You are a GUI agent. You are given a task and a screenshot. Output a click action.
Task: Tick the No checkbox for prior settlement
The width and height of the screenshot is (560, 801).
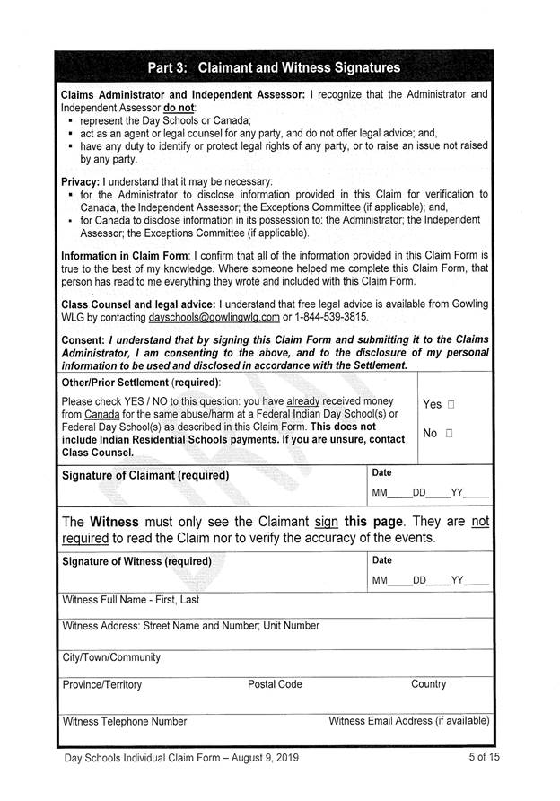448,434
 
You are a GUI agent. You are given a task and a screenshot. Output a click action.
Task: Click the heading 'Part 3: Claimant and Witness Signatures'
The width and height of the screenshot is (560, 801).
275,67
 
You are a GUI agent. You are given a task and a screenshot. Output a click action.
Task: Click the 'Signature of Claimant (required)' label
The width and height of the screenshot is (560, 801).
144,475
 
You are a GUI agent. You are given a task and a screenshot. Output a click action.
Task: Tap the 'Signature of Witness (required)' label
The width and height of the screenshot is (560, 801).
136,561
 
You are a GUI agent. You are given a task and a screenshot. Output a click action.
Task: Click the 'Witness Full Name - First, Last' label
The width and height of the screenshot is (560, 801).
130,600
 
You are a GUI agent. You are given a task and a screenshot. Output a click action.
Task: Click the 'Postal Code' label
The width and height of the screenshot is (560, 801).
275,684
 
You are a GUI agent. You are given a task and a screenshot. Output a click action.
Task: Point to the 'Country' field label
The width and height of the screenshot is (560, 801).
428,684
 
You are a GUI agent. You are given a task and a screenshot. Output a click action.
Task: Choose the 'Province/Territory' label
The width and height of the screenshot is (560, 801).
102,684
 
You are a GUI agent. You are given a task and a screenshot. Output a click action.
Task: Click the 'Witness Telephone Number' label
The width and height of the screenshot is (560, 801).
125,721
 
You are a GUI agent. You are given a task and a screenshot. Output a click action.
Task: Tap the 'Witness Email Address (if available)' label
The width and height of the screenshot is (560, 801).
409,721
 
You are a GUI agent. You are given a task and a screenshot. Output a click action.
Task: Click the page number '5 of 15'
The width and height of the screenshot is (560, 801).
484,758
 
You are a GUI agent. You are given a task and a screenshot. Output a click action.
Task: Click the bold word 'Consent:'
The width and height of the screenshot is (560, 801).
83,340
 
